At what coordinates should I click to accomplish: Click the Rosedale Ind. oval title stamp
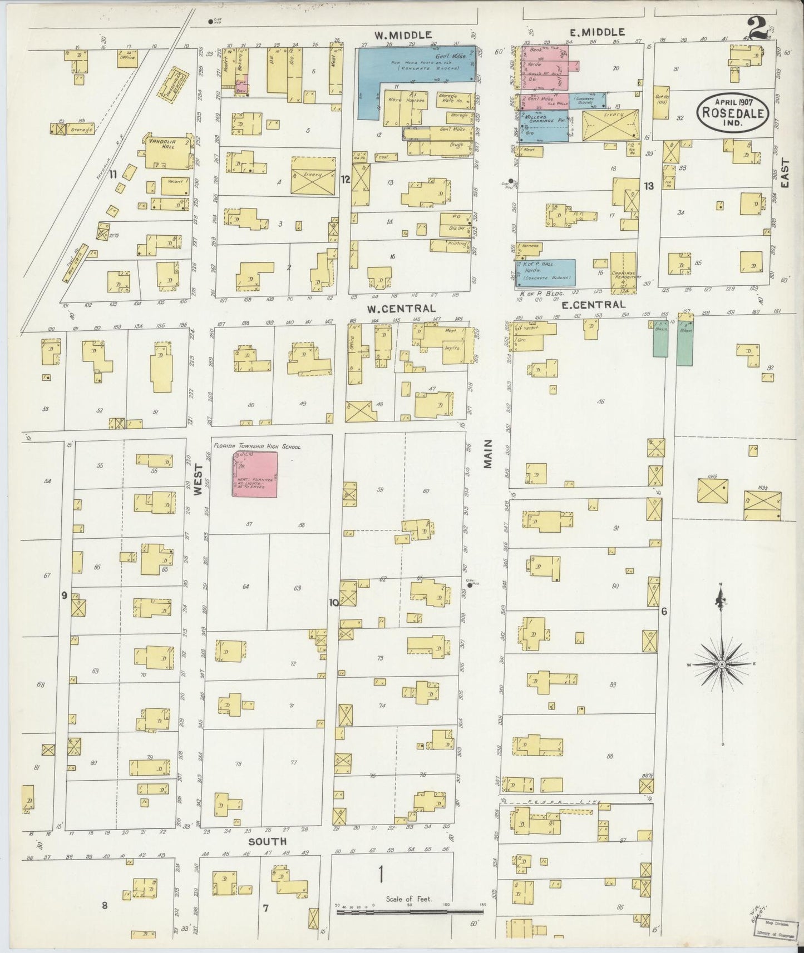pyautogui.click(x=734, y=112)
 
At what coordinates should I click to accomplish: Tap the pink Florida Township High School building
pyautogui.click(x=255, y=474)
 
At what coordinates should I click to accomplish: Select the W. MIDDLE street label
pyautogui.click(x=403, y=34)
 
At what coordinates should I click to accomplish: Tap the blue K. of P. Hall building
pyautogui.click(x=547, y=272)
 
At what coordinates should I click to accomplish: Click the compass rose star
pyautogui.click(x=722, y=664)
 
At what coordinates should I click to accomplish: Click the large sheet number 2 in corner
pyautogui.click(x=757, y=29)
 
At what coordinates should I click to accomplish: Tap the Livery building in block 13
pyautogui.click(x=610, y=125)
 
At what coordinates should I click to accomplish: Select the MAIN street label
pyautogui.click(x=488, y=453)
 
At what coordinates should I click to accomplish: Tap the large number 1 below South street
pyautogui.click(x=381, y=875)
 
